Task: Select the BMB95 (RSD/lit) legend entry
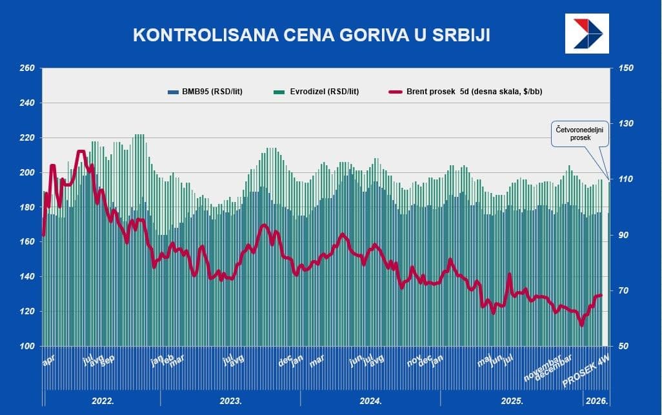208,92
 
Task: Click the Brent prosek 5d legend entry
466,92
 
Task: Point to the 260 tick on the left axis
26,68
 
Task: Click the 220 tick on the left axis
26,138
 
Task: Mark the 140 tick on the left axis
26,277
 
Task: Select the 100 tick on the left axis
26,347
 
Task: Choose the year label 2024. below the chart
370,401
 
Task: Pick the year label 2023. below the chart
231,401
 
